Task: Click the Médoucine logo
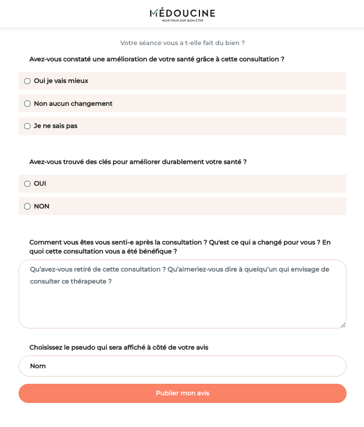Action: [x=182, y=13]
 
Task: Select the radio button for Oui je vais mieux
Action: [x=27, y=81]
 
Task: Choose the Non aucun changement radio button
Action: [x=27, y=104]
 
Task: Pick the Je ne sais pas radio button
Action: [x=27, y=126]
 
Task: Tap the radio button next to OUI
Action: [x=27, y=184]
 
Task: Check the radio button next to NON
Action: [x=27, y=207]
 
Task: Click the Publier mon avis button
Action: [x=183, y=393]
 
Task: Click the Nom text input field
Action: [x=183, y=366]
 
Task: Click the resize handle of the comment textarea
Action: [x=343, y=325]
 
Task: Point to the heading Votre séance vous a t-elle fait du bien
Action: [x=183, y=43]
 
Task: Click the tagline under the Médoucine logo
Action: [x=183, y=21]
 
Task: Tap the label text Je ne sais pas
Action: [x=55, y=126]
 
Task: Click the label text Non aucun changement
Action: [x=73, y=104]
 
